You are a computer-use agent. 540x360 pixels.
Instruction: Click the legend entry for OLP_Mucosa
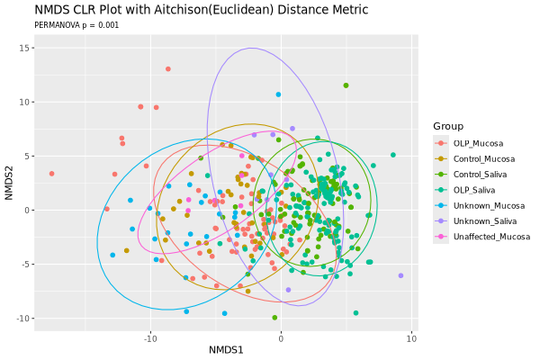click(x=478, y=143)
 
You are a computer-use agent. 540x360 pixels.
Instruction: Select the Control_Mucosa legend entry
click(x=482, y=159)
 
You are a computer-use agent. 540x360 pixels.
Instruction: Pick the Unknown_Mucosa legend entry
click(x=487, y=206)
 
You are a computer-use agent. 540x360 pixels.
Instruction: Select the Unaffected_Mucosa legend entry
click(x=490, y=237)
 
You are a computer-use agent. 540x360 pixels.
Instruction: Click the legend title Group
click(x=447, y=125)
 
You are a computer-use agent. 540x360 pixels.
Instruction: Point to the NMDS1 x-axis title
click(x=226, y=348)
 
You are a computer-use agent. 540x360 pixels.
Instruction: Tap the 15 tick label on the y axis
click(x=27, y=48)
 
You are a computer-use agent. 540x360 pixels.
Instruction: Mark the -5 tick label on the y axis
click(x=27, y=265)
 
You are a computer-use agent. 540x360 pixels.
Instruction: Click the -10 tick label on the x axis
click(x=149, y=337)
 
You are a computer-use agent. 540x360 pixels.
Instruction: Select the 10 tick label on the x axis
click(x=411, y=337)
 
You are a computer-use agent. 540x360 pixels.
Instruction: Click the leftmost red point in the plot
click(x=52, y=174)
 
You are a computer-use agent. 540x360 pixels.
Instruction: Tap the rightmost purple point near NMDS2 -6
click(x=400, y=275)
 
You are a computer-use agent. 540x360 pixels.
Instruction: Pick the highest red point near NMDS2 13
click(x=167, y=69)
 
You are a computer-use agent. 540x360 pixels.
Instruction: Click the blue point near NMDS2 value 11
click(x=278, y=94)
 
